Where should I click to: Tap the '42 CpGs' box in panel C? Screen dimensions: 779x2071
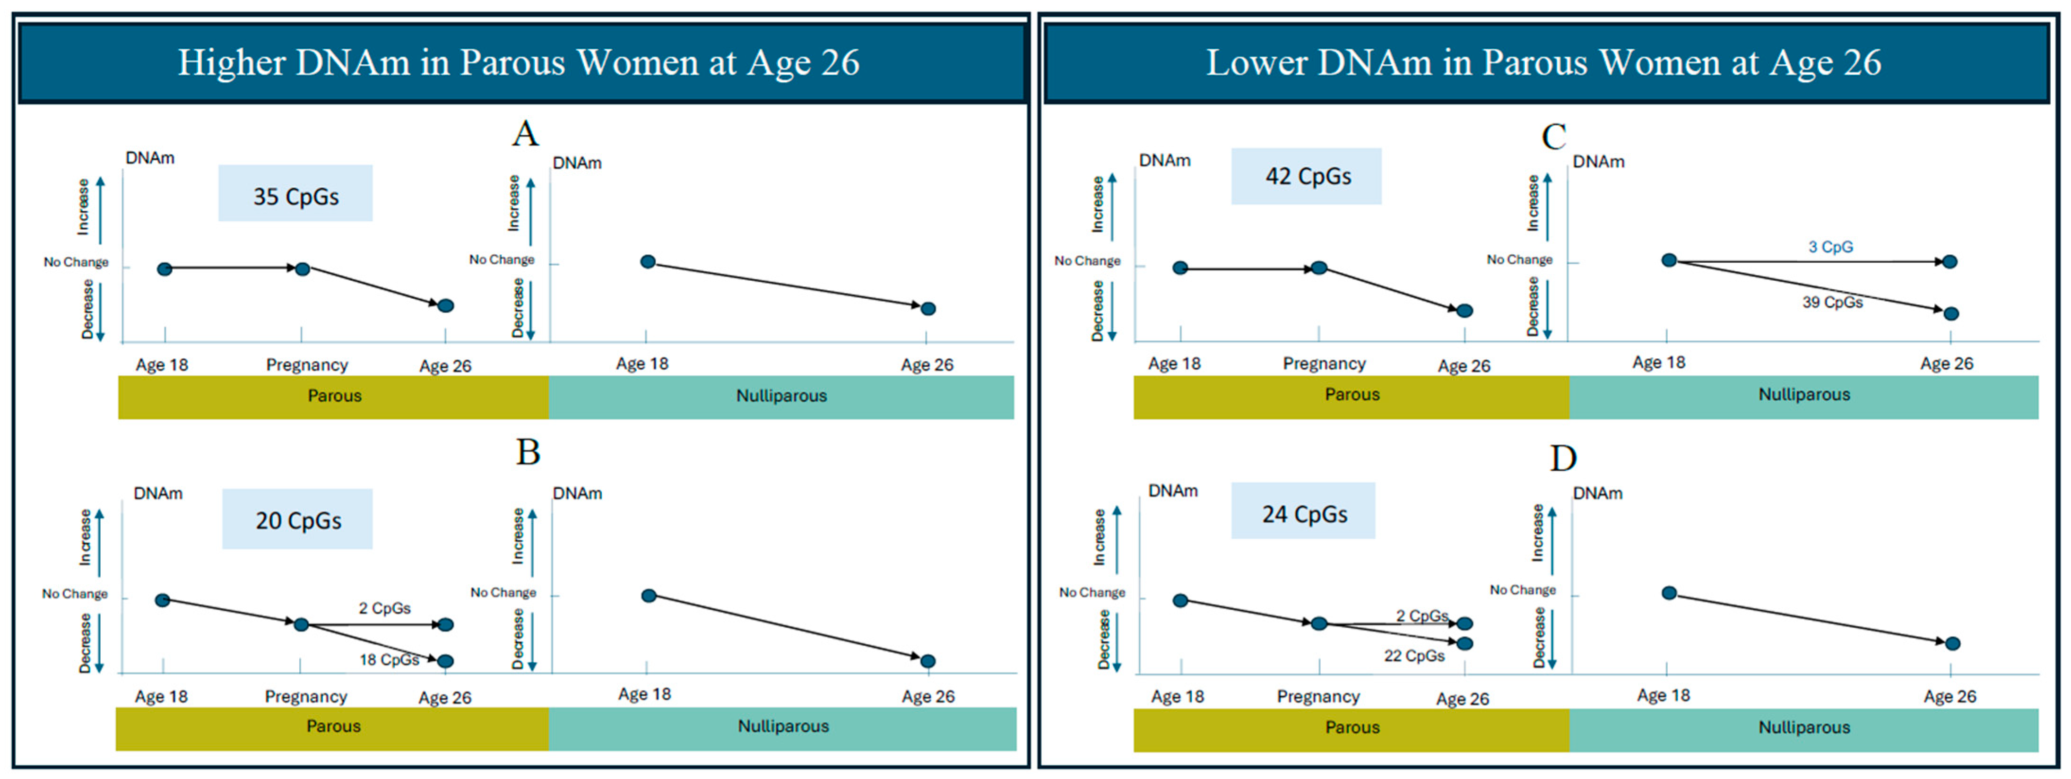(x=1307, y=176)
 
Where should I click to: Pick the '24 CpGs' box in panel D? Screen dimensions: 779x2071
(x=1303, y=512)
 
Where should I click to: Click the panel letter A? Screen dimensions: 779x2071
(x=525, y=133)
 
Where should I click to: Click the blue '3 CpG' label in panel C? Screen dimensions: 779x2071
(x=1830, y=247)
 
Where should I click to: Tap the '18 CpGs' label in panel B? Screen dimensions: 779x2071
(x=389, y=660)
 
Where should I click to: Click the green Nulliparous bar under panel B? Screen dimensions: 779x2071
(x=782, y=727)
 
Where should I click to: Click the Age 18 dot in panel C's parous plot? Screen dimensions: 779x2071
(x=1180, y=268)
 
